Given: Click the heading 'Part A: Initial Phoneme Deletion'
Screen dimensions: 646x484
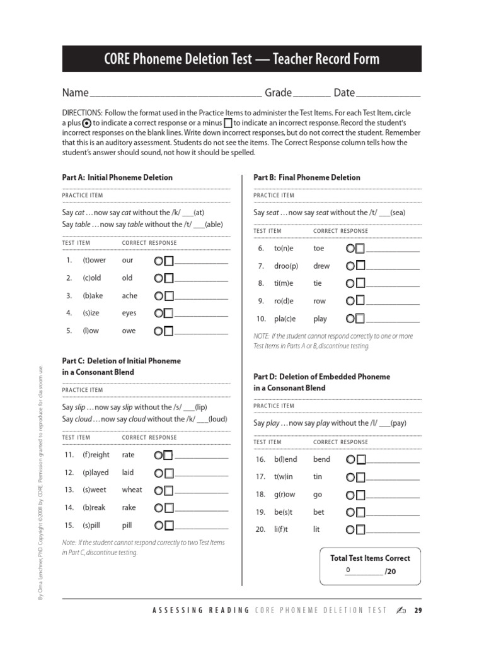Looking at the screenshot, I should (x=117, y=177).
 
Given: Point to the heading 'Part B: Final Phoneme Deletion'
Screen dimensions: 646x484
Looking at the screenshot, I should (x=307, y=177).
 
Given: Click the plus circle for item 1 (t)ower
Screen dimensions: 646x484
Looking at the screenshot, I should (x=159, y=261).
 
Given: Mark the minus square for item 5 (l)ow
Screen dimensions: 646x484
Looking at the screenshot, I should (x=169, y=331).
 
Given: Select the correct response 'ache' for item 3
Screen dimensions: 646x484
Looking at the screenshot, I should (x=129, y=296).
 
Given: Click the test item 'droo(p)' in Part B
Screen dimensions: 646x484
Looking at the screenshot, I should (x=285, y=266).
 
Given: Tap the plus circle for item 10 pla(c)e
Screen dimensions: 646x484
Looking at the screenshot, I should (x=350, y=319).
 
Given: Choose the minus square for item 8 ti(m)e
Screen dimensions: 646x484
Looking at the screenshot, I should (x=360, y=284).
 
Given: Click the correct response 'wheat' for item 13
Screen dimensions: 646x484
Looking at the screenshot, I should (x=132, y=490).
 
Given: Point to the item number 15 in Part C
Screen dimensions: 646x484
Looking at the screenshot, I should (x=69, y=525).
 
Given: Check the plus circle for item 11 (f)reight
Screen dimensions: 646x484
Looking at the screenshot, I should (x=159, y=455).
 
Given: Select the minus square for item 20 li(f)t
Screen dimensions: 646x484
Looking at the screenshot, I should (x=360, y=530).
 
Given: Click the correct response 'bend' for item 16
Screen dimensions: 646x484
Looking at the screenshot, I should (x=321, y=460).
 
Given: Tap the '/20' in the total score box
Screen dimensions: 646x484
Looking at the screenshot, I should (x=391, y=572).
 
